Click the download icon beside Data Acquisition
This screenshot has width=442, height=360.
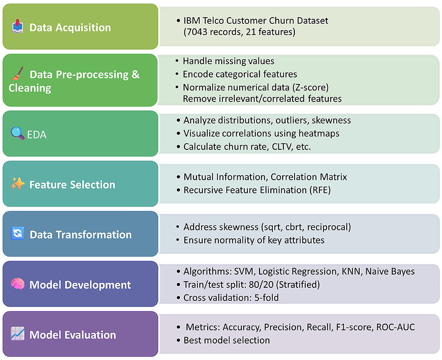[17, 26]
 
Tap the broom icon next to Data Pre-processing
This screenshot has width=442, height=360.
[18, 74]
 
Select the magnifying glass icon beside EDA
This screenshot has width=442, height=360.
[17, 133]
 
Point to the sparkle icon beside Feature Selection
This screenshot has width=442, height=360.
[18, 183]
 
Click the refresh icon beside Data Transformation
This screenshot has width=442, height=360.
[17, 233]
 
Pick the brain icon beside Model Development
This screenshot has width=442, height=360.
[17, 284]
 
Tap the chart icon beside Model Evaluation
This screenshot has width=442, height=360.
[17, 334]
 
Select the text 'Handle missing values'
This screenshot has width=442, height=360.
[228, 61]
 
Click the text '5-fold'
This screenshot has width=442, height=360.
[266, 298]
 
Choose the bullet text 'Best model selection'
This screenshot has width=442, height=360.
[227, 340]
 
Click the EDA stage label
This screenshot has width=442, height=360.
[37, 135]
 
